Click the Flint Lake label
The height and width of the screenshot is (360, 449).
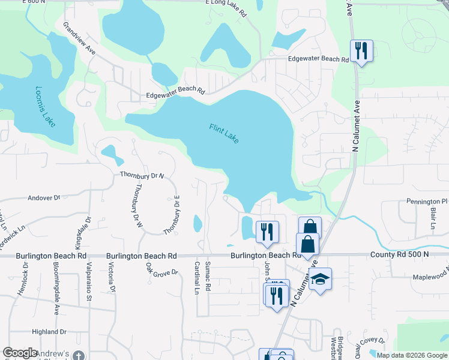224,133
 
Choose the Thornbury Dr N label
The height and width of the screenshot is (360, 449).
142,175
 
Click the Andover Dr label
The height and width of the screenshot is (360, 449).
44,197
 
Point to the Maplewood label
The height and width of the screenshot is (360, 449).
430,277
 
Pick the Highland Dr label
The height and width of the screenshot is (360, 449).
49,331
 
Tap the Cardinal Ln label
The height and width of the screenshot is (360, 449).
196,278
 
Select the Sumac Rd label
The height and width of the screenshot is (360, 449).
207,276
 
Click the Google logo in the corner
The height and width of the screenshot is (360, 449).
20,353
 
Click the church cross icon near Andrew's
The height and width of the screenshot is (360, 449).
77,356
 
